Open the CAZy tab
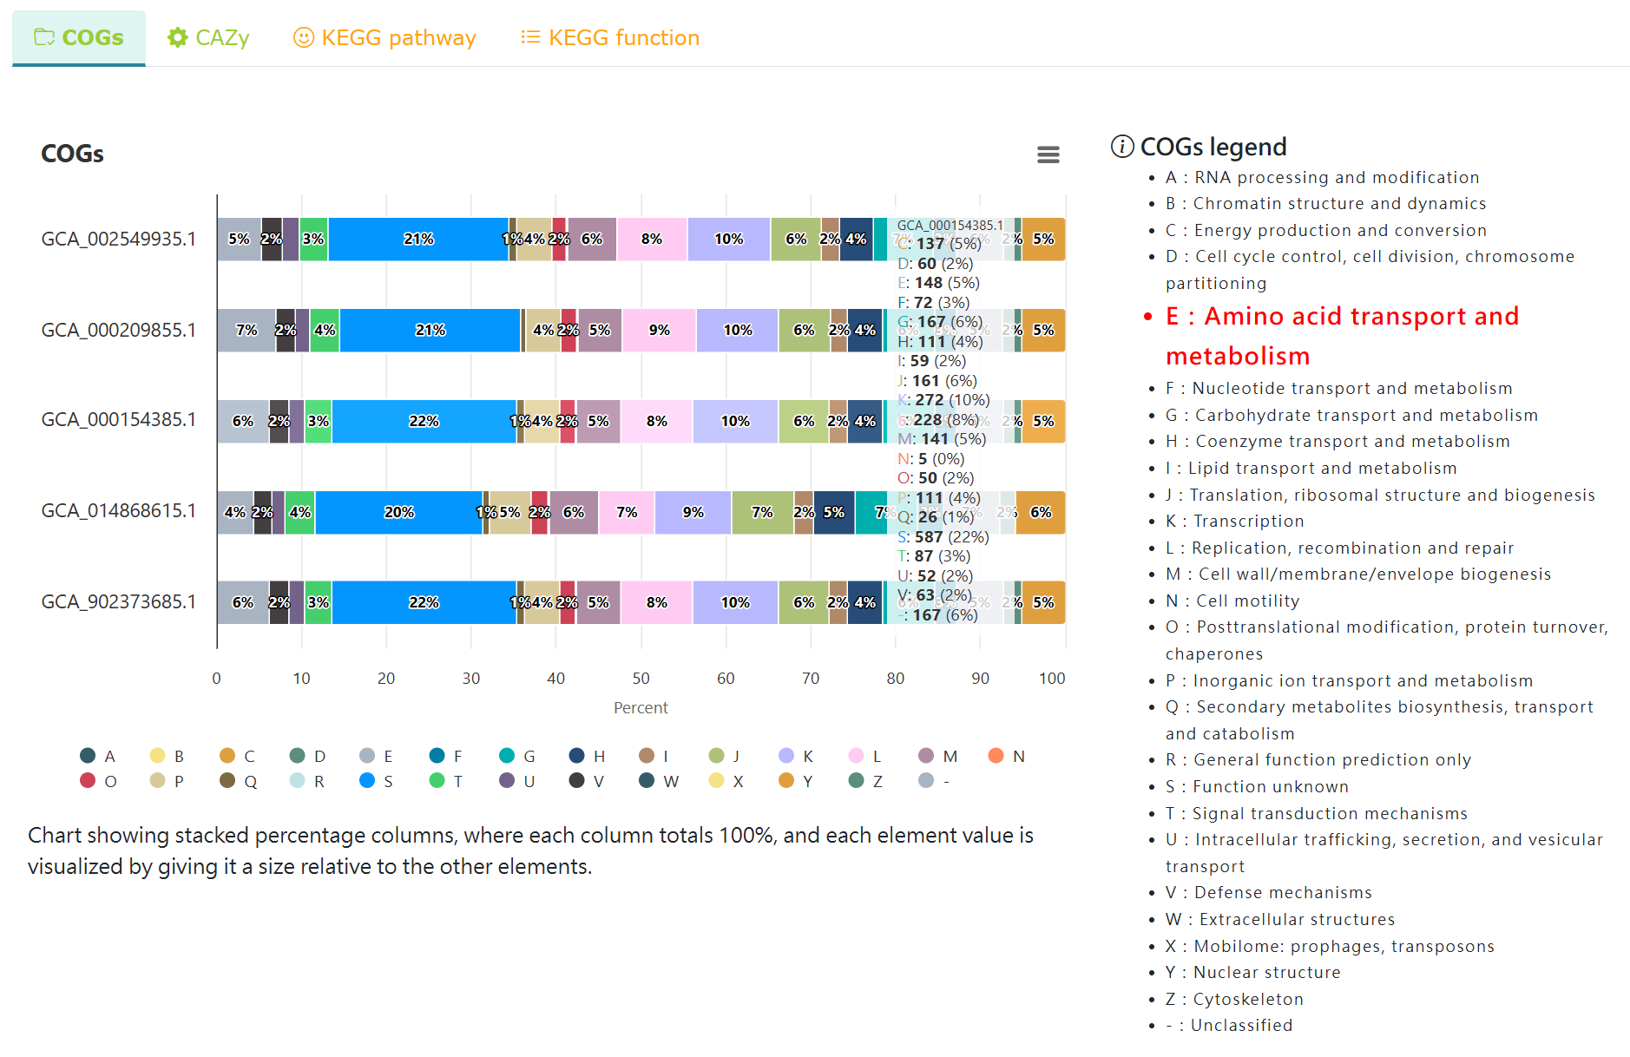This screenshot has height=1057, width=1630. pyautogui.click(x=208, y=37)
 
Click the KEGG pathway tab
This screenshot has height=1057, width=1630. pyautogui.click(x=385, y=37)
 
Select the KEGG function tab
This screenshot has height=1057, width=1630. pyautogui.click(x=610, y=37)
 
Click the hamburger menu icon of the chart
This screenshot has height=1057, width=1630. pyautogui.click(x=1048, y=154)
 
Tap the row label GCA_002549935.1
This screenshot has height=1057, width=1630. pyautogui.click(x=119, y=239)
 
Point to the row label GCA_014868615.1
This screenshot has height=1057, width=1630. pyautogui.click(x=119, y=510)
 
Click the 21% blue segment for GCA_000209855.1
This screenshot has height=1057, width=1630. pyautogui.click(x=431, y=330)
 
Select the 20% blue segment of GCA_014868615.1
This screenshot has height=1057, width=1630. pyautogui.click(x=398, y=512)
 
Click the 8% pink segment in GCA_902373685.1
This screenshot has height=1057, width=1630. pyautogui.click(x=656, y=602)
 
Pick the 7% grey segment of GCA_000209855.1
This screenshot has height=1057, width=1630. pyautogui.click(x=246, y=330)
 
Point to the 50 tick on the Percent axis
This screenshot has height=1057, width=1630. pyautogui.click(x=641, y=678)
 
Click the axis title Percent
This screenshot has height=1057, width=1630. pyautogui.click(x=641, y=707)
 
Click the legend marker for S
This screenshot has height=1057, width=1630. pyautogui.click(x=367, y=780)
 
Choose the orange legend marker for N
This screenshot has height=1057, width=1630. pyautogui.click(x=996, y=756)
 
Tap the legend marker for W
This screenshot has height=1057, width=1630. pyautogui.click(x=647, y=780)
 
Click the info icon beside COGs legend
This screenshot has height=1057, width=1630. pyautogui.click(x=1122, y=147)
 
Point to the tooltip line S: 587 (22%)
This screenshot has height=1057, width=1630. pyautogui.click(x=943, y=536)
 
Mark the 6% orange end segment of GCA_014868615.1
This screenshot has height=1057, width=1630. pyautogui.click(x=1040, y=512)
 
